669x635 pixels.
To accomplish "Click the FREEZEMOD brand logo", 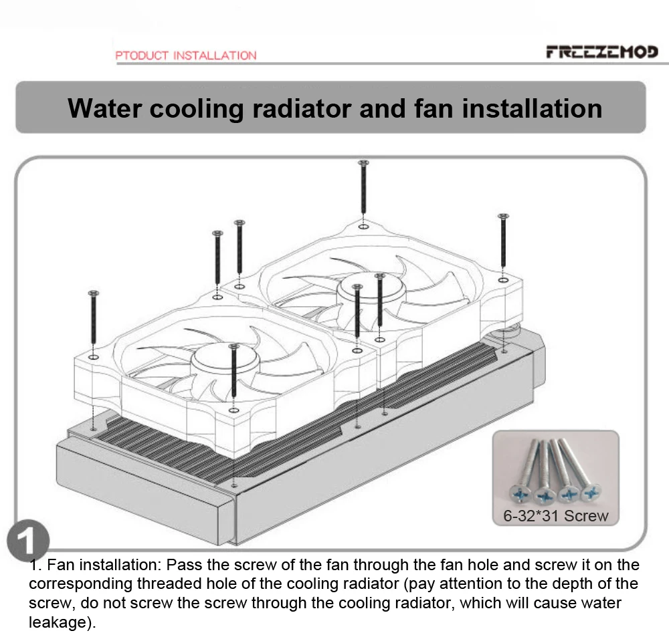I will coord(601,51).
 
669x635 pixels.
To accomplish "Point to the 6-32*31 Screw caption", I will coord(556,515).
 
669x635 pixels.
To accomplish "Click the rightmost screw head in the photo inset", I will coord(591,493).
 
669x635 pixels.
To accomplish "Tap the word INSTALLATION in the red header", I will coord(214,55).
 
